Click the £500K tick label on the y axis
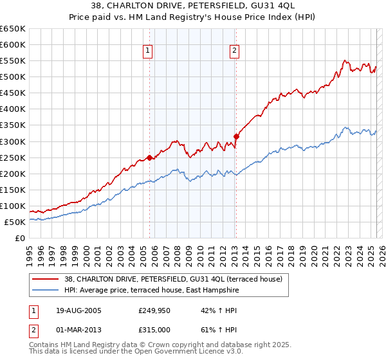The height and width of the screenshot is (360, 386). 13,76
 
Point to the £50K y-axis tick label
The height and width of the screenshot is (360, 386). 15,222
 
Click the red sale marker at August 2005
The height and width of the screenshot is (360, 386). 150,157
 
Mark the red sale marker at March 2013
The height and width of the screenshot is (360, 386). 236,136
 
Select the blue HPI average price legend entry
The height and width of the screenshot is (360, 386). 151,291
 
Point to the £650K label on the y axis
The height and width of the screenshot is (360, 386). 13,29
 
